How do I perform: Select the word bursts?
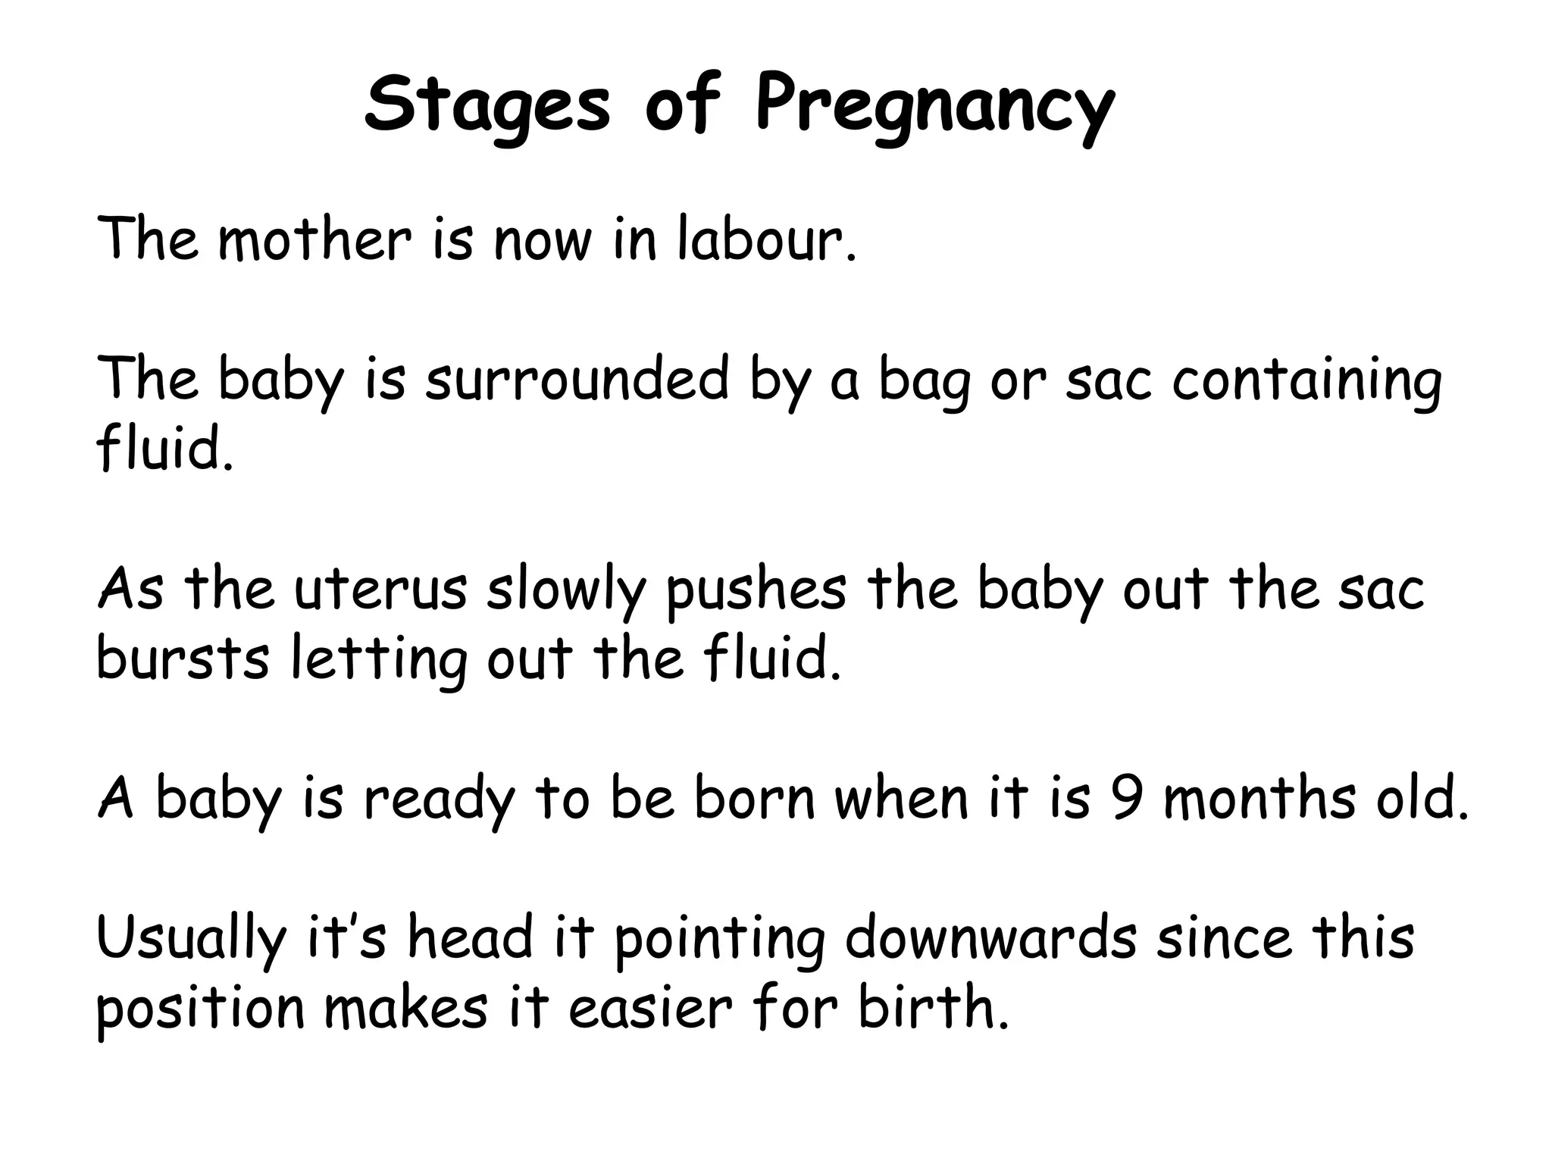coord(183,657)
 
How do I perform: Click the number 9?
coord(1127,799)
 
